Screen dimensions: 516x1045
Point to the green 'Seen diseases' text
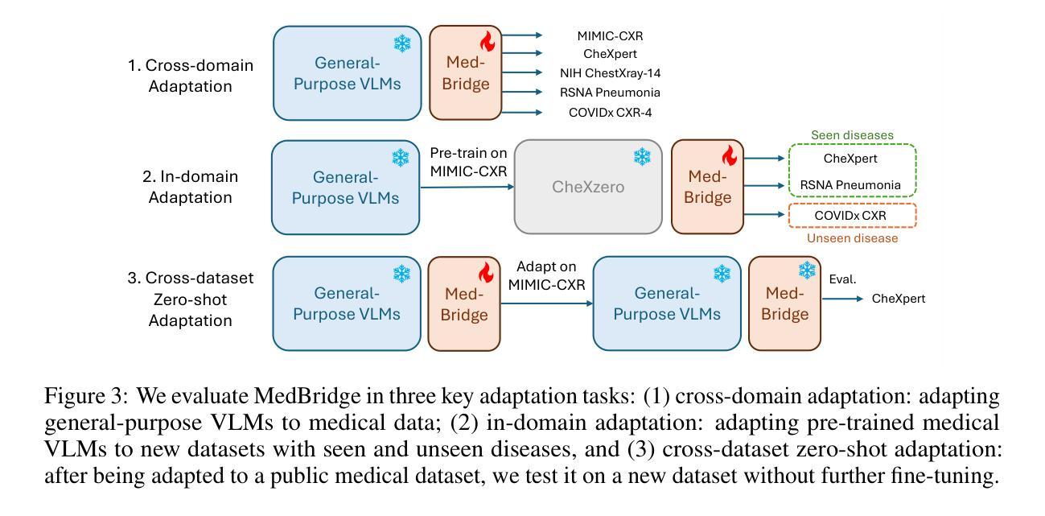(852, 135)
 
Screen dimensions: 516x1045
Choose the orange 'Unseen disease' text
(852, 238)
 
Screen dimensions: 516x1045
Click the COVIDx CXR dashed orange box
(853, 216)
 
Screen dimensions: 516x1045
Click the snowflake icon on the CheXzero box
(642, 157)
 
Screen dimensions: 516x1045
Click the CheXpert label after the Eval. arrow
(899, 299)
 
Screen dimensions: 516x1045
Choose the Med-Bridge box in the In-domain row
(707, 187)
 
